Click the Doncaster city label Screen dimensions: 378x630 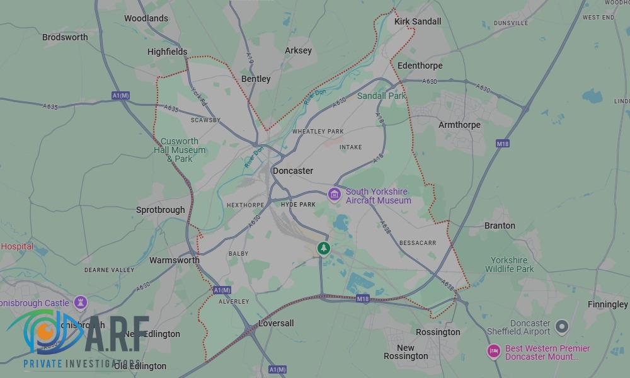coord(292,171)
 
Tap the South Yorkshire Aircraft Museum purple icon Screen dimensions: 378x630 coord(336,195)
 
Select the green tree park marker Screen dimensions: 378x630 coord(324,248)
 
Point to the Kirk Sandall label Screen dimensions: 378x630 coord(418,21)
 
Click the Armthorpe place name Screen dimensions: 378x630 coord(459,125)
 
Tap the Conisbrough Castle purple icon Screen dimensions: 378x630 coord(81,302)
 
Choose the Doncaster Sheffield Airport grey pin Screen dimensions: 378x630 coord(561,327)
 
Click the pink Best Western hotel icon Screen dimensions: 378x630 coord(494,352)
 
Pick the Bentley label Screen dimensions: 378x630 coord(256,79)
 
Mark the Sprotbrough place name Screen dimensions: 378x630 coord(161,210)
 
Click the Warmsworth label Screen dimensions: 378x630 coord(175,260)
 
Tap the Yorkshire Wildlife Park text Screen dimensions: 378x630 coord(509,265)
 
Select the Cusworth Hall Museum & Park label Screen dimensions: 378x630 coord(180,150)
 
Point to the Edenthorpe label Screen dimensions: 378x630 coord(420,66)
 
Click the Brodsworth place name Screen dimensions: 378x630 coord(65,37)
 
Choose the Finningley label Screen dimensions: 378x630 coord(607,304)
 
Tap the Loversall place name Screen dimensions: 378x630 coord(276,323)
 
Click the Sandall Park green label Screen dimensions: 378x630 coord(382,96)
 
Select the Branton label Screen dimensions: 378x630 coord(500,226)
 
